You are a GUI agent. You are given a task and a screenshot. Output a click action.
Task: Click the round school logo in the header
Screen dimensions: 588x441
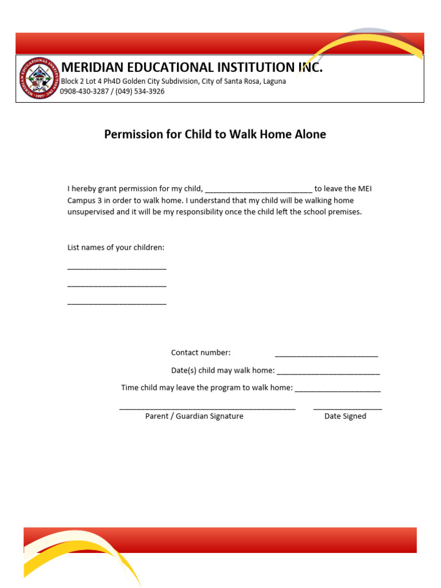tap(38, 78)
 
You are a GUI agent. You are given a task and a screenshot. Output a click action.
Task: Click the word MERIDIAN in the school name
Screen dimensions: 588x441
tap(98, 68)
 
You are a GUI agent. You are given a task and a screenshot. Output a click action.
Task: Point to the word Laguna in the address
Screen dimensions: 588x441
tap(272, 82)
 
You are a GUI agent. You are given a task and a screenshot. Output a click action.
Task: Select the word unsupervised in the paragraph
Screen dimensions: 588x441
tap(91, 212)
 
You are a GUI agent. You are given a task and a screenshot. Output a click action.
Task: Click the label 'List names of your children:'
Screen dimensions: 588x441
tap(116, 247)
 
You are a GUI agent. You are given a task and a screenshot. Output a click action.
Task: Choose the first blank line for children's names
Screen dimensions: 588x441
tap(117, 269)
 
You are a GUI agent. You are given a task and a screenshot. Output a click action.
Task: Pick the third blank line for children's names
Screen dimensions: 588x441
tap(117, 303)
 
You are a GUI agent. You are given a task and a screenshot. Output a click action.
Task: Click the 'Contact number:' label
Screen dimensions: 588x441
tap(201, 353)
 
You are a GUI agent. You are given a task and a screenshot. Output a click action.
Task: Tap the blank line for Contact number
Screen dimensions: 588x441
tap(326, 356)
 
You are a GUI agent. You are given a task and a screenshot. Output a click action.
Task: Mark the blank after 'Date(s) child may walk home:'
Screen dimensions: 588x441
tap(328, 374)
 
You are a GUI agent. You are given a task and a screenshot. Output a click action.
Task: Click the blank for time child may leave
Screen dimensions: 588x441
tap(338, 391)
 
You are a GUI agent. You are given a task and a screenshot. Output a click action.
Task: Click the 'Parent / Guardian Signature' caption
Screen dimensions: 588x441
tap(194, 416)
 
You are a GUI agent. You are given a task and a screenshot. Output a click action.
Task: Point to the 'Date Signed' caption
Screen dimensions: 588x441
tap(345, 416)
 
